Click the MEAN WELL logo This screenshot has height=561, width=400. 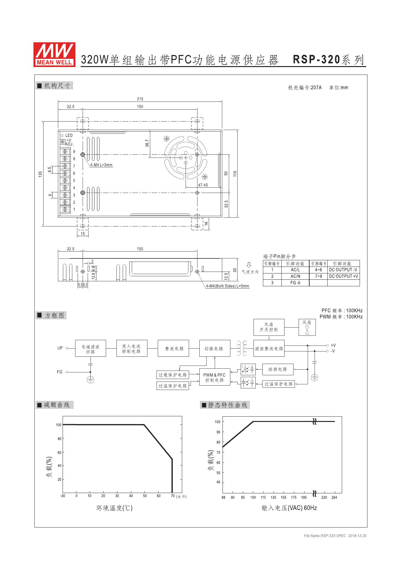click(x=54, y=55)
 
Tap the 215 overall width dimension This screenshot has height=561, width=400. click(x=140, y=99)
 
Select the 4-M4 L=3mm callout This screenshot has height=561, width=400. click(x=101, y=165)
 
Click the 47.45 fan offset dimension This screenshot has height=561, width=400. click(x=203, y=185)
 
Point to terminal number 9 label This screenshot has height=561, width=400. click(x=74, y=152)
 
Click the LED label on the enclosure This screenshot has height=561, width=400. click(x=69, y=136)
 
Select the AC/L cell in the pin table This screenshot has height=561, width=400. click(x=295, y=270)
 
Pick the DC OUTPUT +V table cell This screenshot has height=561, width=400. click(x=343, y=276)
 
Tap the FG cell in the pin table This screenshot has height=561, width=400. click(x=295, y=283)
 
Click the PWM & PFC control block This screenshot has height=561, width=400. click(x=214, y=377)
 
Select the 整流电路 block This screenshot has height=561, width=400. click(x=173, y=349)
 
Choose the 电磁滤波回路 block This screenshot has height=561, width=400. click(x=90, y=349)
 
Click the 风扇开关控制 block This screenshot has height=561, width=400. click(x=269, y=327)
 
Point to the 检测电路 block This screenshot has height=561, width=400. click(x=278, y=370)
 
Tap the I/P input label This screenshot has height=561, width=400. click(x=60, y=348)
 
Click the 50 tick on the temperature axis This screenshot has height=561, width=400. click(x=145, y=496)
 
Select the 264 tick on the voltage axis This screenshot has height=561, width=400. click(x=334, y=498)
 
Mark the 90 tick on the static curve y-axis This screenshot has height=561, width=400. click(x=218, y=432)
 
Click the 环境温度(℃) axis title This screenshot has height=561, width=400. click(x=114, y=508)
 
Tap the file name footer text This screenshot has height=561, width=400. click(x=335, y=536)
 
